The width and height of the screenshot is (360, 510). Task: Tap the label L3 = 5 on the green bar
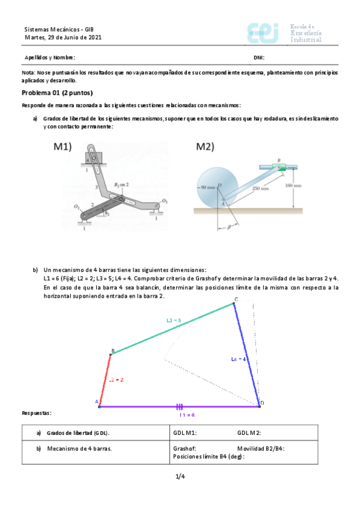point(174,320)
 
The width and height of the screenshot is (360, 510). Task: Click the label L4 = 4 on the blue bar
point(239,358)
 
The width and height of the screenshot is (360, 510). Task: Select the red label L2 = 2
point(116,379)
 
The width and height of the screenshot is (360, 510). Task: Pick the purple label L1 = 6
point(187,415)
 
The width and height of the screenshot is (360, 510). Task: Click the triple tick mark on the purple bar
point(178,407)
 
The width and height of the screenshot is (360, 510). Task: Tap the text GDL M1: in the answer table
point(185,432)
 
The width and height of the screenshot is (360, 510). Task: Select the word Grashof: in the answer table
point(184,448)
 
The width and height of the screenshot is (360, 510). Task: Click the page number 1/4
point(180,477)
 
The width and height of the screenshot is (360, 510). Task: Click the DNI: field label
point(259,58)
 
